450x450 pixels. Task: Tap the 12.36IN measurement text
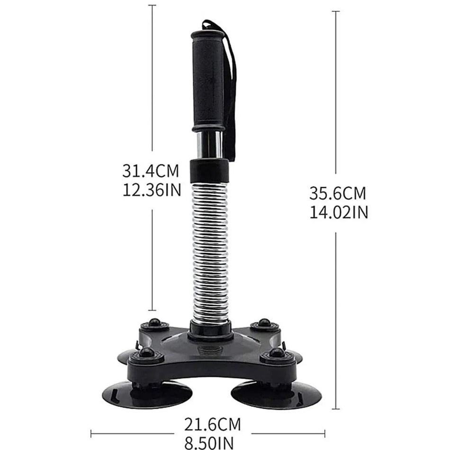tap(152, 189)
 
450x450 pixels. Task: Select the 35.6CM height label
tap(338, 193)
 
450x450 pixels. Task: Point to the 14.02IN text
tap(338, 213)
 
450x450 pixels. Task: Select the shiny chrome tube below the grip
tap(209, 144)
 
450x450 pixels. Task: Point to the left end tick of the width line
tap(91, 432)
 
